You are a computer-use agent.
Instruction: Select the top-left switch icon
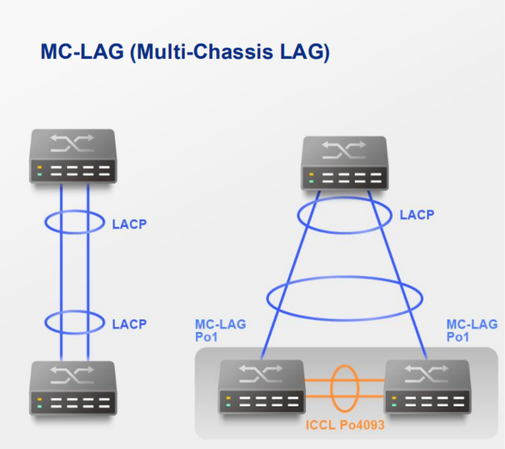pos(73,157)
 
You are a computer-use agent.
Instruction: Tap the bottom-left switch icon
pos(73,387)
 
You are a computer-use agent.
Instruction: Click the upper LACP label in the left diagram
pos(129,224)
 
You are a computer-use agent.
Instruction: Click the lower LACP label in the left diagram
pos(129,324)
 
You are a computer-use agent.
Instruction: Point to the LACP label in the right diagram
pos(417,215)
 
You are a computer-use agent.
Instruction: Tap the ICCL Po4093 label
pos(345,425)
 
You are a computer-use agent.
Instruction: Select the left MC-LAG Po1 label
pos(220,330)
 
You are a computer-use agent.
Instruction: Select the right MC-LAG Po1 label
pos(472,330)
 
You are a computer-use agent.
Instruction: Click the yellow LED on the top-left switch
pos(40,167)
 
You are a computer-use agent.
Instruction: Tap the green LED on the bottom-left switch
pos(40,406)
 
